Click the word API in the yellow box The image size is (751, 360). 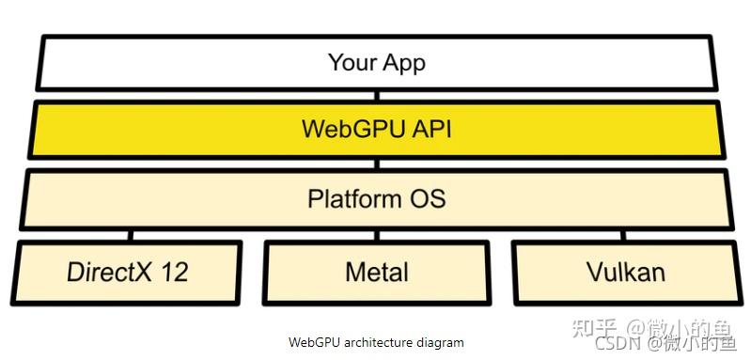tap(430, 129)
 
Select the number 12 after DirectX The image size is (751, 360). tap(174, 273)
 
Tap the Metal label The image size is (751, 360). tap(376, 273)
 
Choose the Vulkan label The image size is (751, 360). tap(625, 273)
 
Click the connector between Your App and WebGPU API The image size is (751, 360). tap(376, 95)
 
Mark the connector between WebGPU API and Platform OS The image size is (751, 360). tap(376, 164)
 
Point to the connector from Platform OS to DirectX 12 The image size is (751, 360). tap(130, 235)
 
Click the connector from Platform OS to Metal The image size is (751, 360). tap(376, 235)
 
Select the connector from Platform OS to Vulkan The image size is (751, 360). tap(622, 235)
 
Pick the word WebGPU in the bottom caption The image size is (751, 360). tap(311, 343)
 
